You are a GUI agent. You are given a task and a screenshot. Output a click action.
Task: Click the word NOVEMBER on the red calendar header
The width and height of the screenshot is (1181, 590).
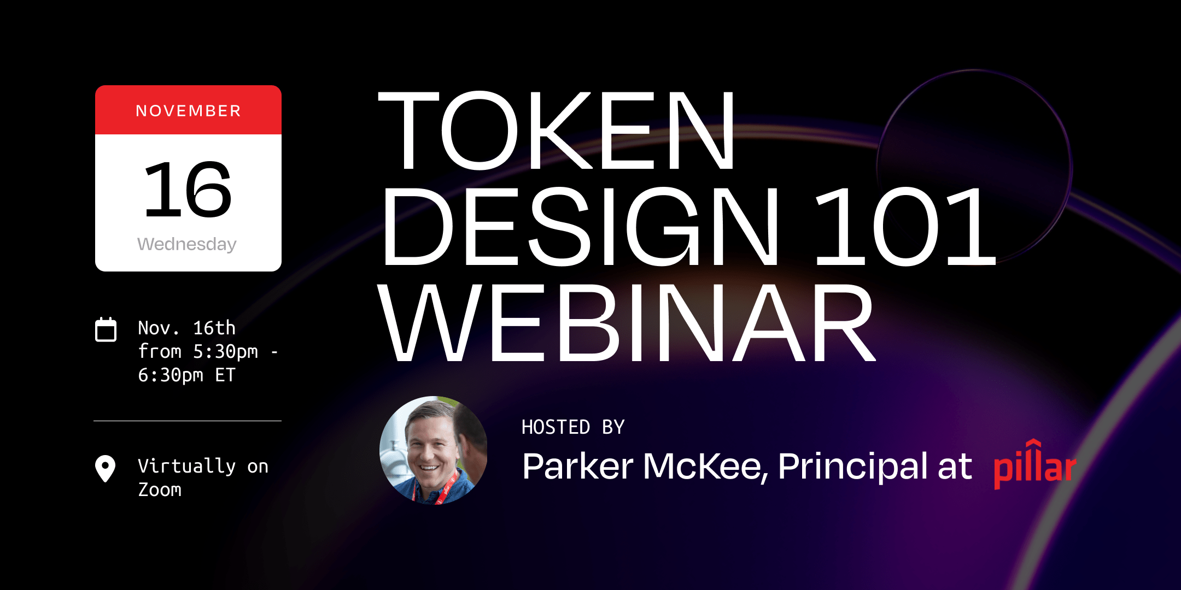click(x=188, y=111)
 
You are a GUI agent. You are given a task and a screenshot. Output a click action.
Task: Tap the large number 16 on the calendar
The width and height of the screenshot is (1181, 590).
click(x=188, y=190)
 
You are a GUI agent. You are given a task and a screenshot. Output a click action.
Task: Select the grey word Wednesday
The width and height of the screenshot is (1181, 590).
click(x=187, y=244)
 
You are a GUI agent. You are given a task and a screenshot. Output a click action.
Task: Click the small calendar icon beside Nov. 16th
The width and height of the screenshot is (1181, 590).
click(x=106, y=330)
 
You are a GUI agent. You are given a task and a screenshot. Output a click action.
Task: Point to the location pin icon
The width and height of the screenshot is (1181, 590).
click(x=105, y=469)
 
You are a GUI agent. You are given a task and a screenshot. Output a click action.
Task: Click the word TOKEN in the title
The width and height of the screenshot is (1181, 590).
click(x=557, y=131)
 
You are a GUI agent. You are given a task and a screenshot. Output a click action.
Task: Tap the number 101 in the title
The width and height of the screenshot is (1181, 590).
click(x=904, y=226)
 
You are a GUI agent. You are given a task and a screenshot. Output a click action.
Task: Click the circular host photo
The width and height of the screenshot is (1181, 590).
click(x=433, y=450)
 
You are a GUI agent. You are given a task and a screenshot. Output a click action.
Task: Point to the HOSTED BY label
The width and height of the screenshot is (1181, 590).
click(x=572, y=427)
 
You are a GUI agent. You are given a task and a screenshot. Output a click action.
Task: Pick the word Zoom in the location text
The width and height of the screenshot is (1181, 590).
click(x=160, y=490)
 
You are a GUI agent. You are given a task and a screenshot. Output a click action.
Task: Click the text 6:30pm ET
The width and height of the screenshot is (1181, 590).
click(x=186, y=375)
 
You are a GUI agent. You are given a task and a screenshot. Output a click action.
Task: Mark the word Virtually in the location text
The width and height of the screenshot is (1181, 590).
click(x=186, y=466)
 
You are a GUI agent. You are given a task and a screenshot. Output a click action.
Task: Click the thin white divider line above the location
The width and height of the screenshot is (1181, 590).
click(x=188, y=421)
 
